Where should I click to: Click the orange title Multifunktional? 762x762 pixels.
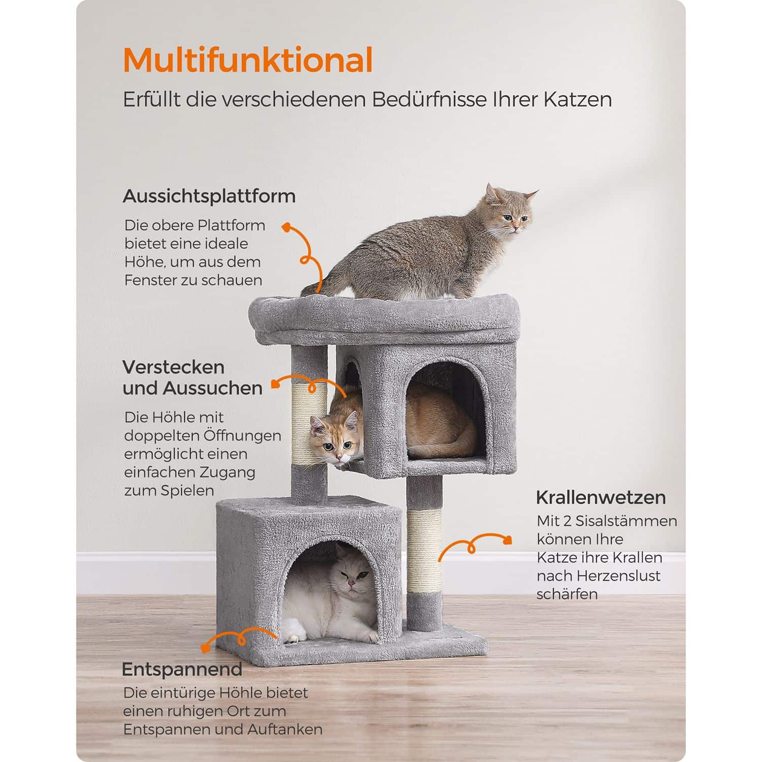(248, 60)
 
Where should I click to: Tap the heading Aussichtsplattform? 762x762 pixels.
(209, 196)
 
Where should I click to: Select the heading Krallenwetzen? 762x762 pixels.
(600, 497)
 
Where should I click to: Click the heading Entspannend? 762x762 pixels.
(182, 669)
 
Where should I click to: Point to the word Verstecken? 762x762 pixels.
(173, 367)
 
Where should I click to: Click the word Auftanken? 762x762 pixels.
(285, 729)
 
